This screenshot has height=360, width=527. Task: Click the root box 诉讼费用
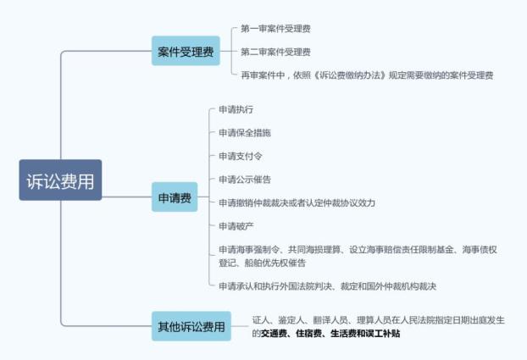(60, 180)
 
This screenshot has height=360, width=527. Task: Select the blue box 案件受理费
(186, 51)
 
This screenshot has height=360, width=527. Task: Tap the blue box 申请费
(175, 197)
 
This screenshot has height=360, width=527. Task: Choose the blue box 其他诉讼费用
(191, 326)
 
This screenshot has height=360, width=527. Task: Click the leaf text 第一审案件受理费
(275, 29)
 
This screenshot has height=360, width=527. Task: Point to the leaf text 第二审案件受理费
(275, 53)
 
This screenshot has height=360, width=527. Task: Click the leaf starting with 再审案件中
(367, 75)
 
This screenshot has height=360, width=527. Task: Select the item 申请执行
(236, 109)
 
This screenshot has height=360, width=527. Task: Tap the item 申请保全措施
(245, 133)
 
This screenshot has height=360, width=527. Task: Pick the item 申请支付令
(241, 156)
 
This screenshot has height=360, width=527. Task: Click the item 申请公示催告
(245, 180)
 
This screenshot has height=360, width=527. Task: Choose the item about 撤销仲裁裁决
(297, 202)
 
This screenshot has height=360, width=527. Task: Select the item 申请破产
(236, 226)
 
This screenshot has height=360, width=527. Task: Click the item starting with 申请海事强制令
(358, 256)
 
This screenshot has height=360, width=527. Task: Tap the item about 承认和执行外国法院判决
(327, 286)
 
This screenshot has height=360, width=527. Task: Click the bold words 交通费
(274, 334)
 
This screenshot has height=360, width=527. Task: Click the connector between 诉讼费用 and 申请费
(127, 197)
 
